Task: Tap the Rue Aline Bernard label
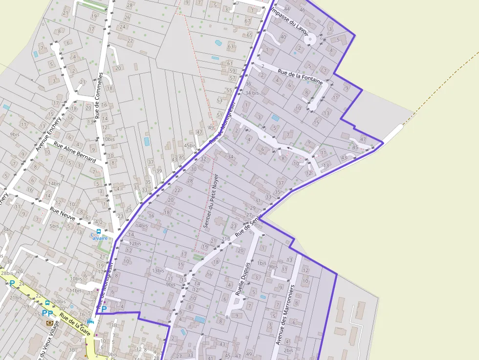tap(75, 153)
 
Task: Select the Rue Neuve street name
tap(62, 213)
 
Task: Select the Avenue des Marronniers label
tap(285, 315)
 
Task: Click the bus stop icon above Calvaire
tap(98, 232)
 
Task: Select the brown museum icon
tap(49, 323)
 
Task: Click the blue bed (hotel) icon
tap(89, 321)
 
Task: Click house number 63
tap(231, 46)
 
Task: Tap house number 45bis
tap(190, 146)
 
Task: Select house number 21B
tap(225, 239)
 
